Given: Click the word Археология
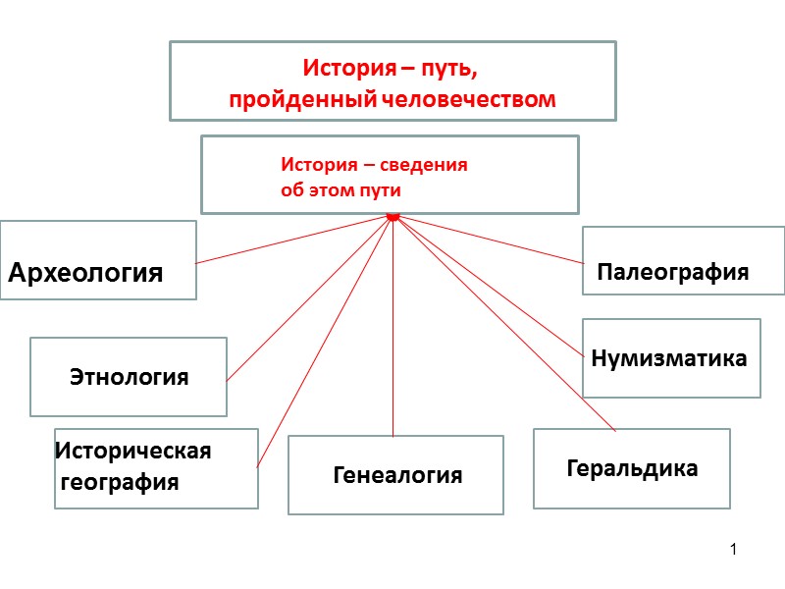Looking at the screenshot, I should point(85,273).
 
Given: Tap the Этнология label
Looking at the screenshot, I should point(129,377).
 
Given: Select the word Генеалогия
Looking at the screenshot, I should point(397,476).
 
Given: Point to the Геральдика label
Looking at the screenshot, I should point(632,468).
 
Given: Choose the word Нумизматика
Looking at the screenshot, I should point(669,359).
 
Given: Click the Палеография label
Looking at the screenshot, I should point(673,273).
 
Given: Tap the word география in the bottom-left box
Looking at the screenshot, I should point(120,482).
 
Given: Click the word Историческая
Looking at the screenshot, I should point(133,452).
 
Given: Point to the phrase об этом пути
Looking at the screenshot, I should point(340,190).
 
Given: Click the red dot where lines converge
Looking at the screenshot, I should point(392,215).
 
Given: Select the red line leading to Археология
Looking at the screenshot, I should point(294,240).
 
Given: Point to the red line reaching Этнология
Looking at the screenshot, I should point(309,297).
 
